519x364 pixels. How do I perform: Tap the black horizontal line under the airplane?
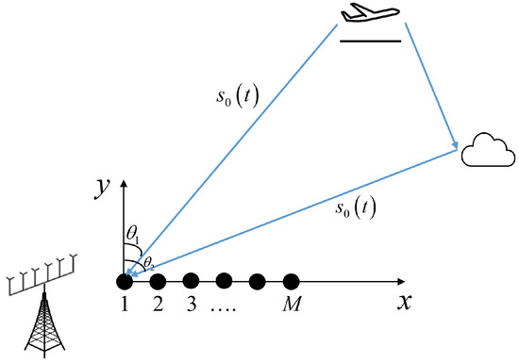(371, 41)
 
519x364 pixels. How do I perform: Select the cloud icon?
(488, 152)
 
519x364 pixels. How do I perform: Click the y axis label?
(99, 189)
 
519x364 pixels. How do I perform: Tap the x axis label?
(404, 304)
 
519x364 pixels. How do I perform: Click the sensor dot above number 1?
(124, 280)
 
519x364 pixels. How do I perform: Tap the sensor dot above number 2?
(158, 280)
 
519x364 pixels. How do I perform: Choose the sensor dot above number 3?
(191, 280)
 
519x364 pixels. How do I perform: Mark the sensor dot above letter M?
(292, 280)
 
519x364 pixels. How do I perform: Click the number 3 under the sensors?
(191, 305)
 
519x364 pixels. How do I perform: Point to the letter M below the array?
(291, 305)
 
